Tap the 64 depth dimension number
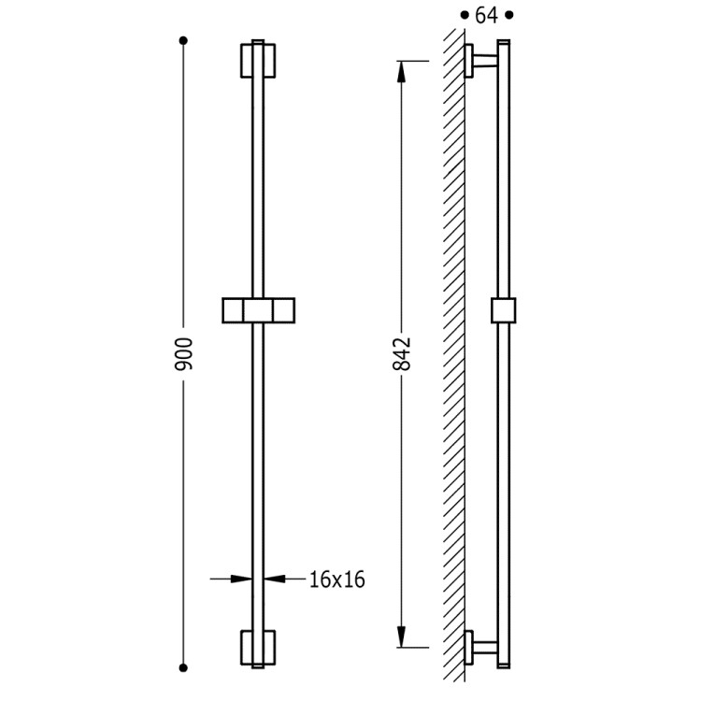(486, 16)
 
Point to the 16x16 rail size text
(336, 579)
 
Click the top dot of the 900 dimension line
(184, 40)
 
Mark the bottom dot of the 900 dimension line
(184, 666)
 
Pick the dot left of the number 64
(464, 16)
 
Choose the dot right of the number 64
(509, 16)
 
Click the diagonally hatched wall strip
(453, 355)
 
